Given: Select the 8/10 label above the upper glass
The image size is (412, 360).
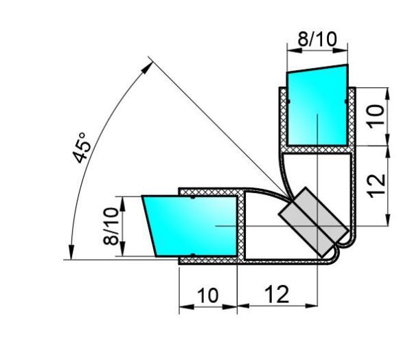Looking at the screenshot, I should (x=317, y=39).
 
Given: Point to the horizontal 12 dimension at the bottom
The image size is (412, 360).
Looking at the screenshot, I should (x=277, y=295).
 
